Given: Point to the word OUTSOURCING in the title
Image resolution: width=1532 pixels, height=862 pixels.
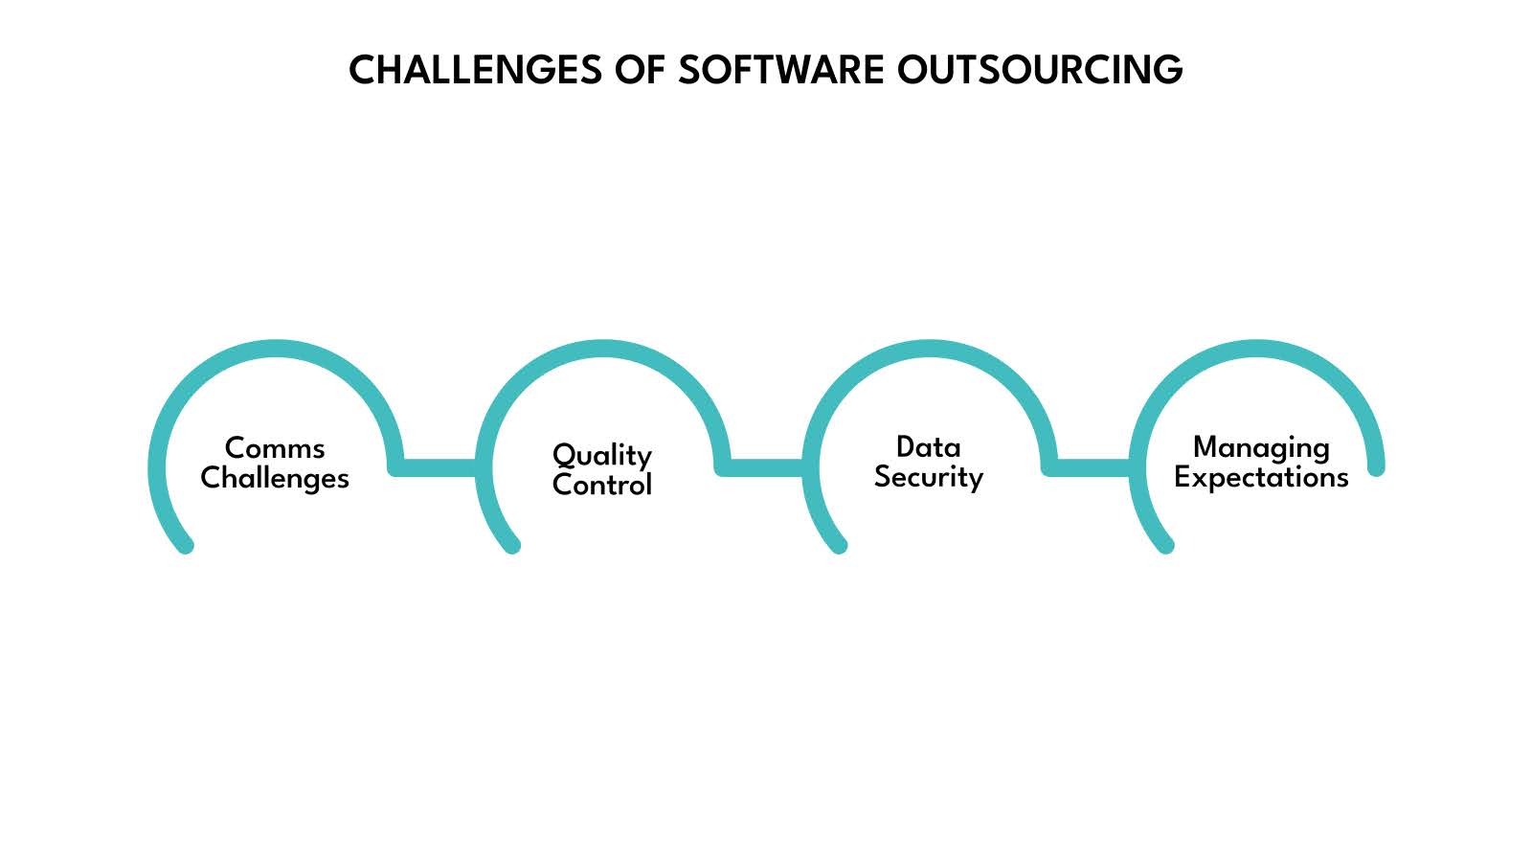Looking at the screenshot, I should [1040, 70].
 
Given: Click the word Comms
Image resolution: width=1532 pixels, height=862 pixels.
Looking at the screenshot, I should [275, 447].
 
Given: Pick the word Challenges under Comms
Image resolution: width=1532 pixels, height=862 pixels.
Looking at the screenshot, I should [275, 477].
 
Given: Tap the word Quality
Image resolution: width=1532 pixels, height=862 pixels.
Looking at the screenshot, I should [601, 455].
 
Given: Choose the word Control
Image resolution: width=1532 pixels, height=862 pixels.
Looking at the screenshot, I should [601, 485].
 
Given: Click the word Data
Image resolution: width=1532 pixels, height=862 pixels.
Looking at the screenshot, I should [928, 446].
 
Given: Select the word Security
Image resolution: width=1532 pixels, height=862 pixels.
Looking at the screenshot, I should [928, 477].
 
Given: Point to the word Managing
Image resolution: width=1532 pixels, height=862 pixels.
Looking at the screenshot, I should [1260, 447].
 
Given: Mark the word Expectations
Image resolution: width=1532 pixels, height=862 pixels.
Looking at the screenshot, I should [1260, 477].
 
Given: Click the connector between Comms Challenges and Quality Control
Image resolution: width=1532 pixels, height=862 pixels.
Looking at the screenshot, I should [438, 467].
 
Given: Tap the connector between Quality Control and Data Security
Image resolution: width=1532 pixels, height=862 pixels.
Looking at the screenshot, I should [764, 467].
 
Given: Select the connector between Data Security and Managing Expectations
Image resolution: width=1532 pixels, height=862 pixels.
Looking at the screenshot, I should [1091, 467].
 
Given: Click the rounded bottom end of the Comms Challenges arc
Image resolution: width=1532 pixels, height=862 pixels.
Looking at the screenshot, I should [187, 545].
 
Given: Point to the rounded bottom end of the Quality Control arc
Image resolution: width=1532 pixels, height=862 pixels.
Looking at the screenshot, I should [512, 545].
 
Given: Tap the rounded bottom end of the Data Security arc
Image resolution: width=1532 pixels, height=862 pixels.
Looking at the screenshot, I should [839, 545].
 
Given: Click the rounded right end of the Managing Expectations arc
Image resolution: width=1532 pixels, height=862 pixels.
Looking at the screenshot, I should [1376, 467].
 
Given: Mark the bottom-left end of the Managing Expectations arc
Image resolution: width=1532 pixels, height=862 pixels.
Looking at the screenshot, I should [1165, 545].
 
